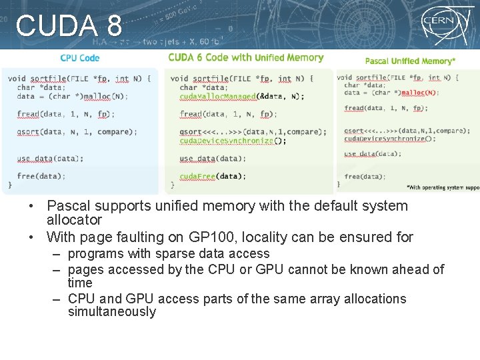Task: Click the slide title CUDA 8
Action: point(69,27)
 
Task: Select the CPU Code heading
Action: point(79,58)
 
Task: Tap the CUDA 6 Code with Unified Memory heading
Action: point(245,57)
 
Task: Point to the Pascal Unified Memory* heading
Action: point(410,61)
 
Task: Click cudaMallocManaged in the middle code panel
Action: point(218,97)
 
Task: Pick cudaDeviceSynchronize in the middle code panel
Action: point(227,141)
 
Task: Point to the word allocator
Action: point(74,220)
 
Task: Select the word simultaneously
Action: point(111,312)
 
